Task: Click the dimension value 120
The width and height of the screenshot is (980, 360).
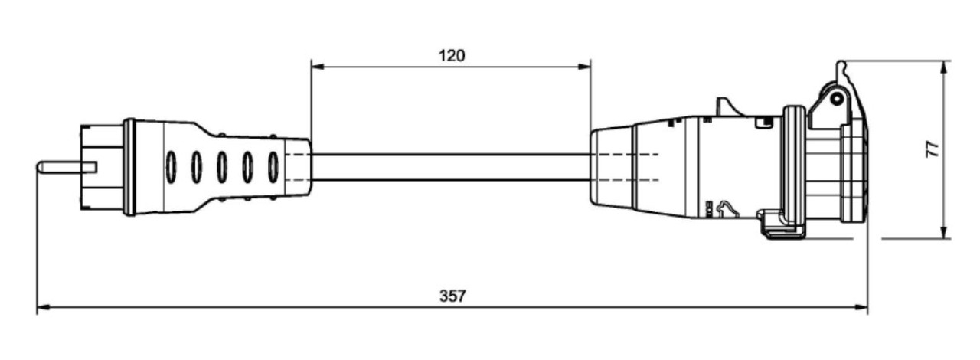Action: click(x=452, y=55)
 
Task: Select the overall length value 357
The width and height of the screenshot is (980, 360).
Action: click(x=452, y=296)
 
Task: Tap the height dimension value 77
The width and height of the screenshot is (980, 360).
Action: click(x=932, y=149)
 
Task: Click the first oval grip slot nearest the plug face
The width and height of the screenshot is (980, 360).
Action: click(x=171, y=166)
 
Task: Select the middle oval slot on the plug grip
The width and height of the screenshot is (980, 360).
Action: click(x=221, y=166)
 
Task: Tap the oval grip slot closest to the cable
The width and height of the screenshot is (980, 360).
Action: click(x=273, y=165)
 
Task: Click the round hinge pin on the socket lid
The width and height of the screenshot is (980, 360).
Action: click(x=837, y=99)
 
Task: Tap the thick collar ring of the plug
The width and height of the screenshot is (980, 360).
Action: click(x=129, y=167)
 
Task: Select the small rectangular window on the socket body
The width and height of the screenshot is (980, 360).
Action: click(x=763, y=121)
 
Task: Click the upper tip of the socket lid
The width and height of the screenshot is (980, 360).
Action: click(x=841, y=65)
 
